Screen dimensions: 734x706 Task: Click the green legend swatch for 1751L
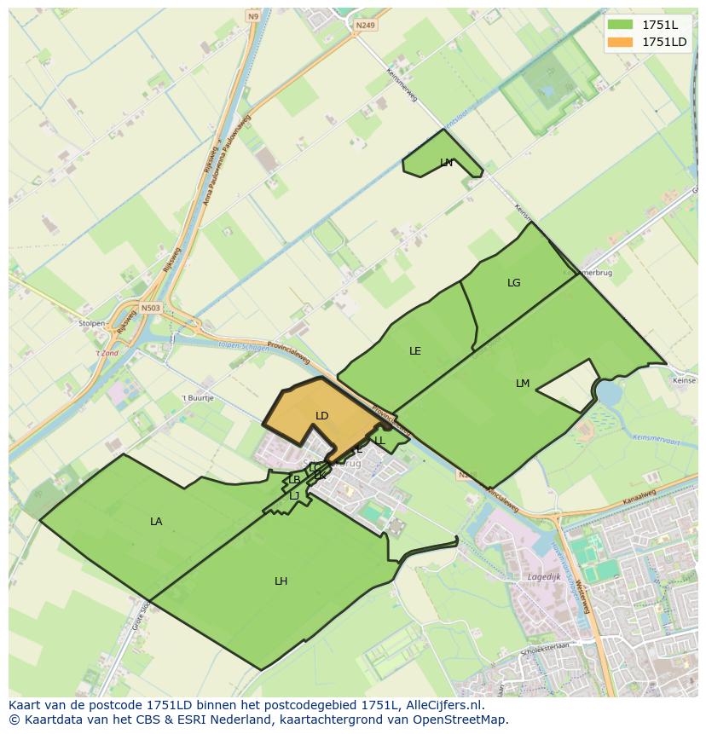point(620,25)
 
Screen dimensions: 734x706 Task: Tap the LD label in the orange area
point(321,416)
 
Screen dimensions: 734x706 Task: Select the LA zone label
point(156,521)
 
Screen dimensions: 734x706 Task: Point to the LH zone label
point(281,581)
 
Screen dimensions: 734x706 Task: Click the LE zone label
point(415,351)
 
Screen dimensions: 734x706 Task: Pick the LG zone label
point(513,283)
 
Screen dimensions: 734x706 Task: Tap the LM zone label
point(523,384)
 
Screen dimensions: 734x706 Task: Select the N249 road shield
point(365,26)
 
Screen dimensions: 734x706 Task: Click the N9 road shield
point(253,16)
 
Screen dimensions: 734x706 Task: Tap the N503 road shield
point(150,308)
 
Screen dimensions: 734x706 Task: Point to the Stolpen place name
point(92,324)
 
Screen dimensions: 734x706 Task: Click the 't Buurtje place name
point(197,398)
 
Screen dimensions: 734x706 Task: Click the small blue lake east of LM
point(609,393)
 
